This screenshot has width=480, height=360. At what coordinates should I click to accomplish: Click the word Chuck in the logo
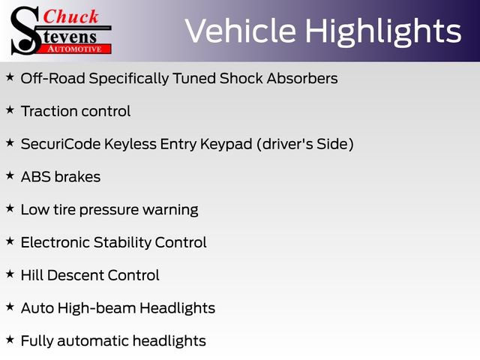70,16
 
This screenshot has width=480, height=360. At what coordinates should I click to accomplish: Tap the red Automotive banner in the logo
74,49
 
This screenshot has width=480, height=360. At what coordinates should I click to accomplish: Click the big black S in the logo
25,31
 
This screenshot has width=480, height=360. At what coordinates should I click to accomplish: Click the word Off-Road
53,78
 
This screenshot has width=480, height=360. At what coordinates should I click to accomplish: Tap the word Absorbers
302,78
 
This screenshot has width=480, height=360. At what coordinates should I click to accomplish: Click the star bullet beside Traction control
10,109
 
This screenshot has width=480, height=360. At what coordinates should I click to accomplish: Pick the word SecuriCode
61,144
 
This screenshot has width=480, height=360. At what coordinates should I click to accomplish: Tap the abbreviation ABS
36,177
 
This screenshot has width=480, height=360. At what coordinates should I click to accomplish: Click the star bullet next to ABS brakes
10,175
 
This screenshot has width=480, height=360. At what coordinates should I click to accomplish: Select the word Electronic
55,242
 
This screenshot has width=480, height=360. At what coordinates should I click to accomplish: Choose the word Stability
122,243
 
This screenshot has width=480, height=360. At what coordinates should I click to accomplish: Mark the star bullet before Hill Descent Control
10,274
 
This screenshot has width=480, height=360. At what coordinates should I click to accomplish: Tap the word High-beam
97,308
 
